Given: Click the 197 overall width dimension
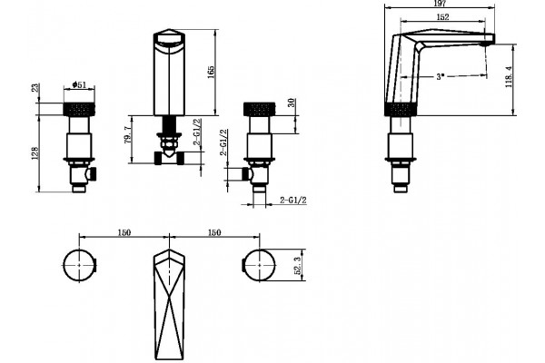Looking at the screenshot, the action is pos(440,4).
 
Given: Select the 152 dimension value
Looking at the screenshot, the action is pos(442,16).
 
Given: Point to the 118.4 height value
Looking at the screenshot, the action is pos(509,77).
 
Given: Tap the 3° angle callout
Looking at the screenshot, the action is pos(441,76).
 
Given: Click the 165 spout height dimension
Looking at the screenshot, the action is pos(211,72).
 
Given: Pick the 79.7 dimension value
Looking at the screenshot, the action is pos(127,135).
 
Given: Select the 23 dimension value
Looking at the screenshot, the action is pos(35,87).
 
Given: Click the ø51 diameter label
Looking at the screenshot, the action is pos(79,84).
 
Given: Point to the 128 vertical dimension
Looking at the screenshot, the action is pos(35,153).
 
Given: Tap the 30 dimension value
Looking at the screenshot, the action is pos(292,103).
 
